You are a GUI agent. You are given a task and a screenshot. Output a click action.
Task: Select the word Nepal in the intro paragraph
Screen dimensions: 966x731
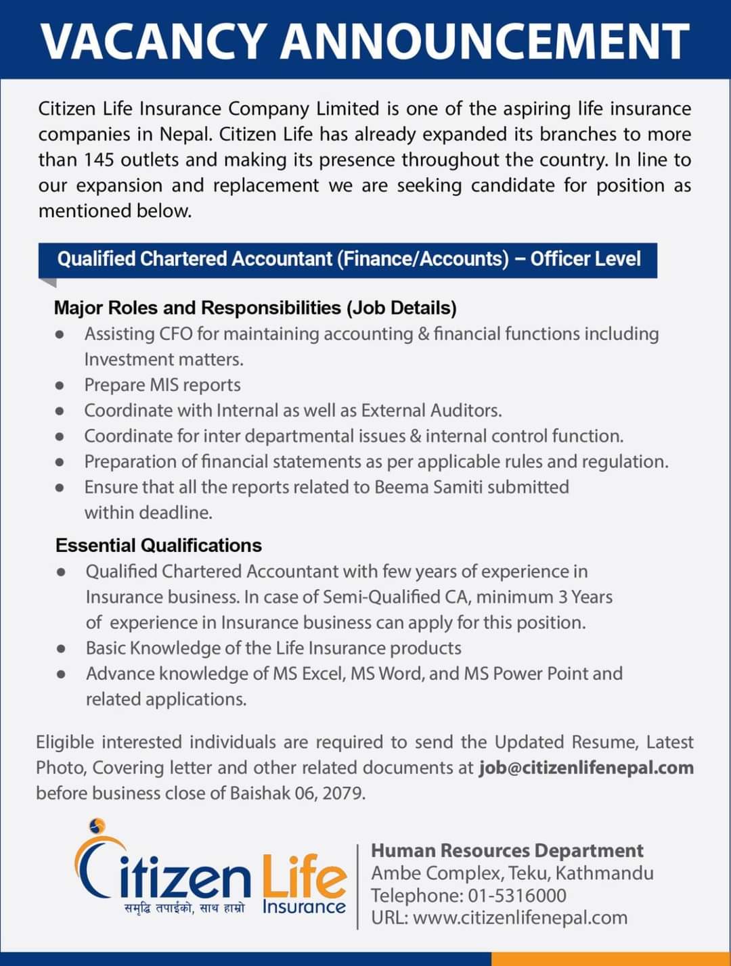coord(187,134)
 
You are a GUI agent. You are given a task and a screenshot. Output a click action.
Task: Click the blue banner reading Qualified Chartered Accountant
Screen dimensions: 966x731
coord(348,259)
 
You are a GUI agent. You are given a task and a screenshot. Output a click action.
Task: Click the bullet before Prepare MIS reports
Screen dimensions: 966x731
coord(60,386)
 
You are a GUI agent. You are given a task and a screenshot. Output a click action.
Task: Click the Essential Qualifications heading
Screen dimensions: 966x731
coord(158,545)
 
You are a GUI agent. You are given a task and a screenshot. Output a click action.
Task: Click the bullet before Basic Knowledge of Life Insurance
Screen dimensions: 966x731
coord(61,649)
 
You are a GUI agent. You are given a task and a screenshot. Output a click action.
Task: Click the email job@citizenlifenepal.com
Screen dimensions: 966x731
coord(586,768)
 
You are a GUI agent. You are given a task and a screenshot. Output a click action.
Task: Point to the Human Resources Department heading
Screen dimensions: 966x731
coord(507,850)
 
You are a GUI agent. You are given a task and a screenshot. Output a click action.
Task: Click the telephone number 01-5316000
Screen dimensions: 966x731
coord(517,896)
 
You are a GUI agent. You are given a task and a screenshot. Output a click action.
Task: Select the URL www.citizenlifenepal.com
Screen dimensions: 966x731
coord(520,918)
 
